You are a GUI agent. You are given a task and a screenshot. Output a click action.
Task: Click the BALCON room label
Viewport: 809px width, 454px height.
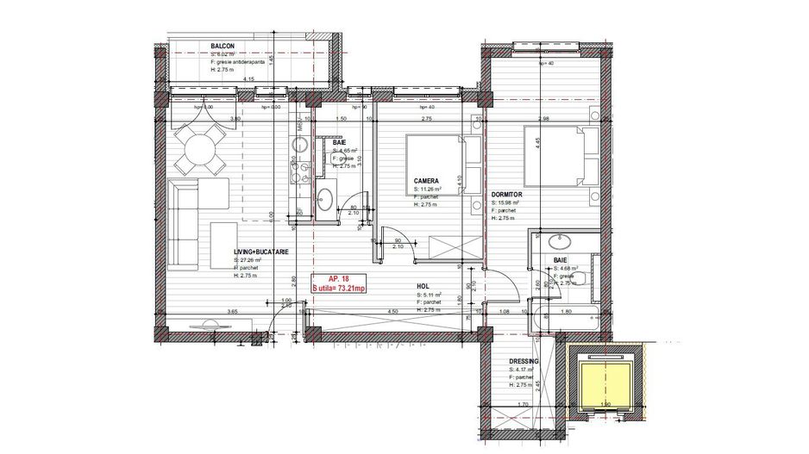(223, 46)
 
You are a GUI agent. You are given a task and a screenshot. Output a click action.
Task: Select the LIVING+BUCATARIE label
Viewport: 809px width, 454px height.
(260, 252)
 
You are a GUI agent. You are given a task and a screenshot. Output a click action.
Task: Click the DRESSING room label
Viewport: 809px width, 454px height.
(524, 362)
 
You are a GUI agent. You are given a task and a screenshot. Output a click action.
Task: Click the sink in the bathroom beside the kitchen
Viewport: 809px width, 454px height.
(326, 201)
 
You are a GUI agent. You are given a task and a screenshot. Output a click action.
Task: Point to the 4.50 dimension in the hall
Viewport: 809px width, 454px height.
(392, 312)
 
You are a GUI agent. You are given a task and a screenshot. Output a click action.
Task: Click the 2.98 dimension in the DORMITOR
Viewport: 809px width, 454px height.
(542, 119)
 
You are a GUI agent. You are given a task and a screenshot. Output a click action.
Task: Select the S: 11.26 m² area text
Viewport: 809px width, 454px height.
(428, 189)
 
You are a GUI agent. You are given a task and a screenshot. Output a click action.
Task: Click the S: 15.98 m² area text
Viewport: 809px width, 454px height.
(508, 203)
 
